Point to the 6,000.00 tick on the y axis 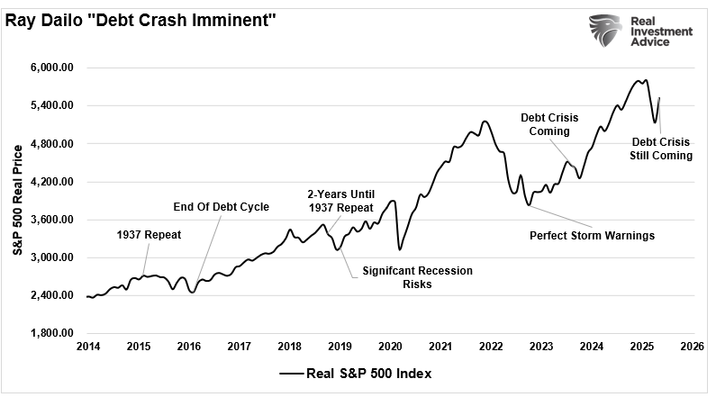click(x=59, y=68)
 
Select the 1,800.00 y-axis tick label click(x=59, y=334)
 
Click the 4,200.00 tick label click(x=59, y=182)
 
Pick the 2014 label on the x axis click(x=88, y=347)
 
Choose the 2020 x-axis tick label click(x=390, y=347)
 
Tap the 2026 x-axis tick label click(x=692, y=347)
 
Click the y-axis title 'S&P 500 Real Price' click(x=18, y=199)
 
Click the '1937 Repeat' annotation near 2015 click(x=150, y=235)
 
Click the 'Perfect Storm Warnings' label click(x=592, y=236)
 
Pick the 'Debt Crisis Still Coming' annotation click(x=661, y=149)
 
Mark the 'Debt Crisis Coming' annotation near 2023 click(x=549, y=124)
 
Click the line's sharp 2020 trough click(x=399, y=249)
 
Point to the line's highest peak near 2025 click(x=641, y=80)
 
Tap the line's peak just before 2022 click(x=485, y=121)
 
